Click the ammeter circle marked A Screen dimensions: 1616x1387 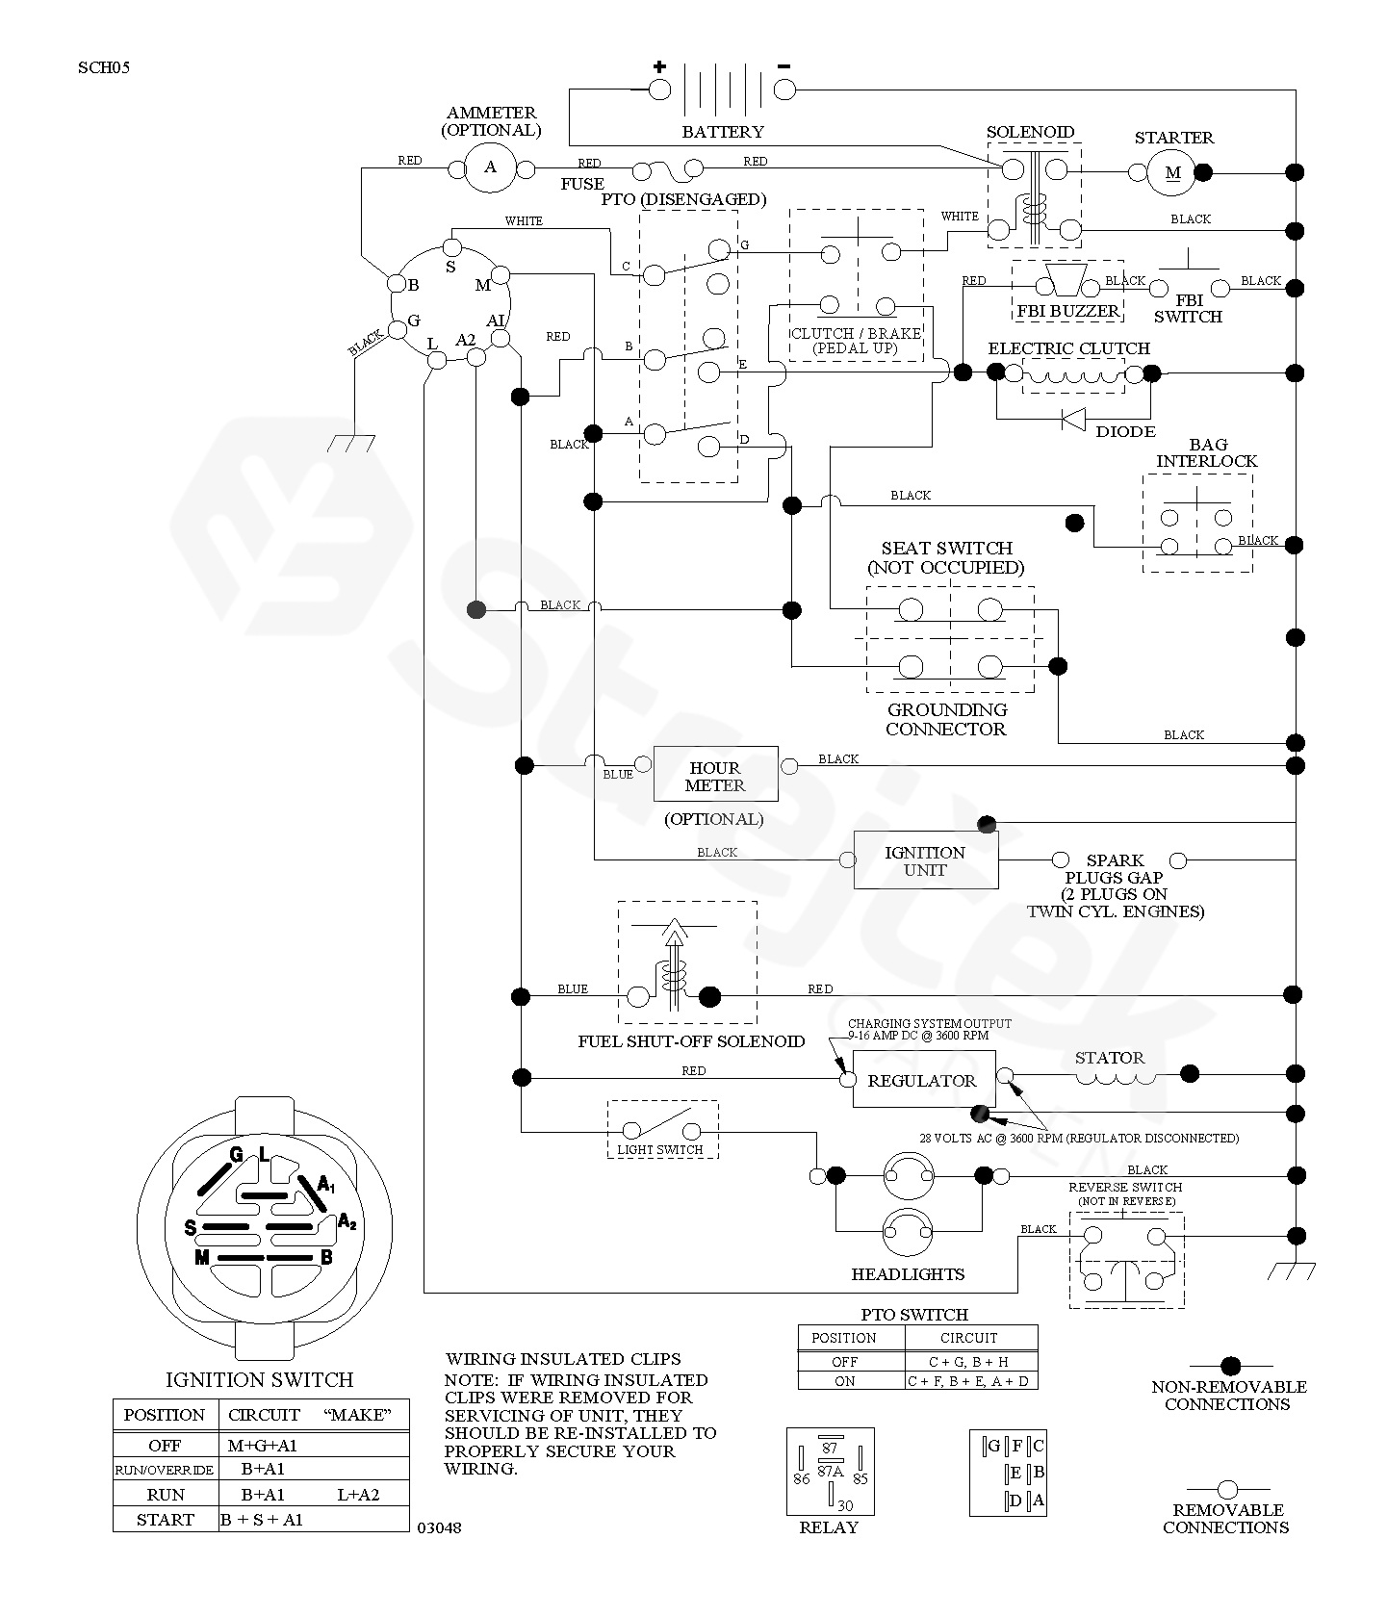(490, 168)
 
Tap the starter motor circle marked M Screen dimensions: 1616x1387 (1172, 172)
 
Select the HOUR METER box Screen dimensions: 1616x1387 (715, 775)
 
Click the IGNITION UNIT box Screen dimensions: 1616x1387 (925, 860)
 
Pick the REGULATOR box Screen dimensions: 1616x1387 (922, 1081)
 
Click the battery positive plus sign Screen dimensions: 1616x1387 (659, 66)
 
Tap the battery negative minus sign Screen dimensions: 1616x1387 (783, 66)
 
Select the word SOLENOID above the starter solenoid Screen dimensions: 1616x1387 (1030, 132)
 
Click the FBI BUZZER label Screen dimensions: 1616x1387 (1068, 311)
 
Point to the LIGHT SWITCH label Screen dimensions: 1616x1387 (660, 1149)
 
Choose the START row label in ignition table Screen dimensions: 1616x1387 (166, 1520)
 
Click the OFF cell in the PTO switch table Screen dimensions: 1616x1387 (844, 1362)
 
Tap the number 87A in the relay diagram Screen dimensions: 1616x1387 (830, 1471)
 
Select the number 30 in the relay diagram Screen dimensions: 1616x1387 (844, 1505)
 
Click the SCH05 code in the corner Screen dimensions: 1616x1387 (104, 68)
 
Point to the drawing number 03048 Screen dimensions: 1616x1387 (439, 1527)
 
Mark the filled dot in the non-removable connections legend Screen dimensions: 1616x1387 (1230, 1366)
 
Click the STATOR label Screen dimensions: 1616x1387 (1109, 1058)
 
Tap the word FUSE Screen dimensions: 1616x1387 (582, 184)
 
